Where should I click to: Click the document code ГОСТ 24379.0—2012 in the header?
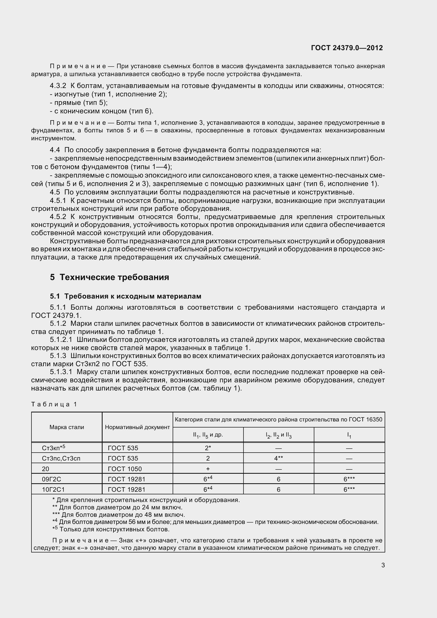coord(347,48)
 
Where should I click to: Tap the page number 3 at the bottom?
coord(383,565)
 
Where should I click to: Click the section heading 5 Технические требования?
coord(109,277)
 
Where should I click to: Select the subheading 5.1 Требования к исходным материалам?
coord(126,296)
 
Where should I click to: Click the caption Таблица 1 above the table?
coord(54,404)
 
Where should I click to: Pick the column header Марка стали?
coord(67,427)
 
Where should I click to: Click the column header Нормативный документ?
coord(137,427)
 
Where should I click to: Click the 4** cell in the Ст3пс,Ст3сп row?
coord(278,458)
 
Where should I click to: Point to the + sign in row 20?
coord(208,469)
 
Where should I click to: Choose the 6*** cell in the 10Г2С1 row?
coord(349,490)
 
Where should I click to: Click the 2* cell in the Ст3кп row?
coord(208,448)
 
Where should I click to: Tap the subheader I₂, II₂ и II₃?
coord(278,435)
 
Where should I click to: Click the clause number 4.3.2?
coord(58,86)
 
